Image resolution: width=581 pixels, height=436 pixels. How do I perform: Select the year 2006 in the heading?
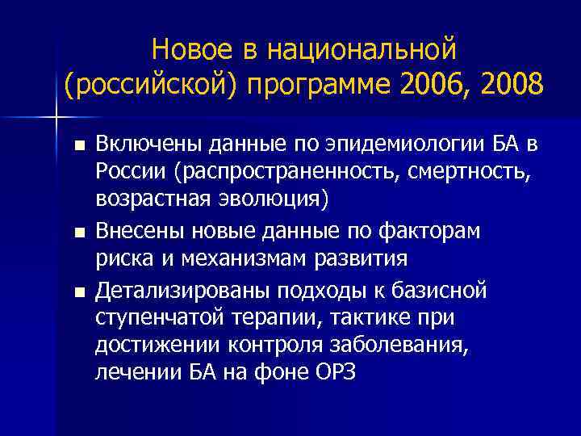pyautogui.click(x=416, y=85)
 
